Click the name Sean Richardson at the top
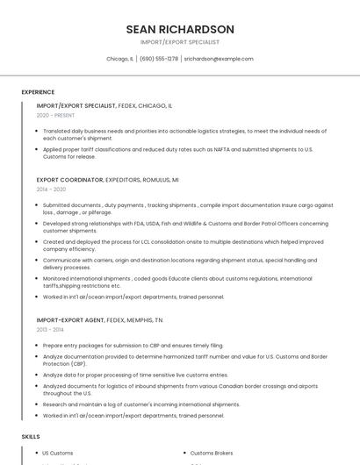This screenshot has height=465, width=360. point(179,29)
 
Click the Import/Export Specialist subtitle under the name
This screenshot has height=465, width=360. point(179,42)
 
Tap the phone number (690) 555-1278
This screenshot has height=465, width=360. point(159,59)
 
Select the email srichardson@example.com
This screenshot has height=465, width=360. point(219,59)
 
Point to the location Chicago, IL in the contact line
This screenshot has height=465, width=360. point(119,59)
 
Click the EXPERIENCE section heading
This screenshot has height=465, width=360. point(38,92)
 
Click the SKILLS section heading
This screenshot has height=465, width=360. point(31,436)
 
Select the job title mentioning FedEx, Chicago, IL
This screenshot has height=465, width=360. point(104,105)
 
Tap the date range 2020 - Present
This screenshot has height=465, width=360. point(55,115)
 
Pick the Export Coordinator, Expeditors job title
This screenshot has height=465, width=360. point(107,179)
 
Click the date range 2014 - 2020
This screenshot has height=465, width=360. point(51,189)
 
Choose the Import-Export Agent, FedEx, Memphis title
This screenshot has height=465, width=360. point(100,320)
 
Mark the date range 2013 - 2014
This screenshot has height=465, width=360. point(50,330)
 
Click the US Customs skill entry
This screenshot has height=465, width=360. point(58,453)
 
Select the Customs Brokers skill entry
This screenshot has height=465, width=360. point(212,453)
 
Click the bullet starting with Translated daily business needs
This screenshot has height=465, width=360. point(184,134)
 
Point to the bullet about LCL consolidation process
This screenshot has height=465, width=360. point(183,245)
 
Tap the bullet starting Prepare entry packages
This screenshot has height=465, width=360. point(133,346)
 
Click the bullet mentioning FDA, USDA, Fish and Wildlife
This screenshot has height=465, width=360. point(185,226)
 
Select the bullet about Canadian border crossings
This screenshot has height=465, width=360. point(180,389)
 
